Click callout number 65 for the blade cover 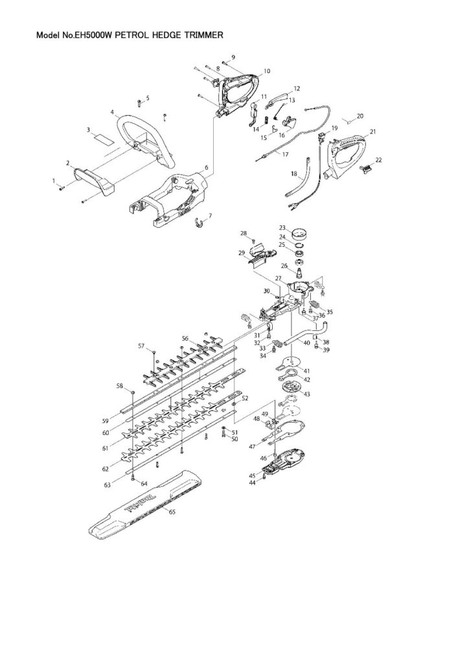coord(172,512)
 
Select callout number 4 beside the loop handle coord(112,112)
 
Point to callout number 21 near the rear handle coord(372,132)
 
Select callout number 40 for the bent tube coord(306,343)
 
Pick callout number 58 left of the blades coord(120,386)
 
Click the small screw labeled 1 coord(62,188)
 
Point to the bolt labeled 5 coord(139,102)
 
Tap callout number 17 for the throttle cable coord(286,154)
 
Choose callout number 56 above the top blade coord(185,338)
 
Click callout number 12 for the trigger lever coord(297,89)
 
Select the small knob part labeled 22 coord(365,169)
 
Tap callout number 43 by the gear coord(306,394)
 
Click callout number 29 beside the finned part coord(242,253)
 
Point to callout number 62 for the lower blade coord(106,469)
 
